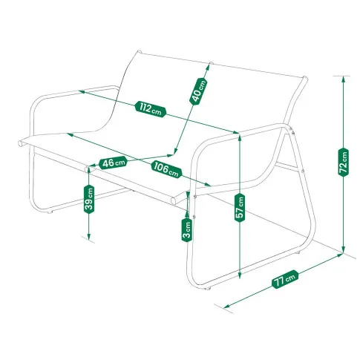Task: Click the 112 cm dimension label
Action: (151, 109)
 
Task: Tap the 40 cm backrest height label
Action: (198, 91)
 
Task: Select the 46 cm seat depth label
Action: (114, 163)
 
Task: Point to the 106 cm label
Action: (166, 169)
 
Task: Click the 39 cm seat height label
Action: (89, 199)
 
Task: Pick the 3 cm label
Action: (187, 230)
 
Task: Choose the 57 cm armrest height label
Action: (240, 208)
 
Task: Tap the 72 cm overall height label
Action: (343, 162)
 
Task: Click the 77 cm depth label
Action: (285, 279)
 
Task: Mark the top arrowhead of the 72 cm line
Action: (343, 79)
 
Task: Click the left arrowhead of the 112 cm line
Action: (82, 92)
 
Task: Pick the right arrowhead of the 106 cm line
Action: (207, 184)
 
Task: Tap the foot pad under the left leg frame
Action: (50, 212)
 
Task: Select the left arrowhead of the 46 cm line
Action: (92, 166)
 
